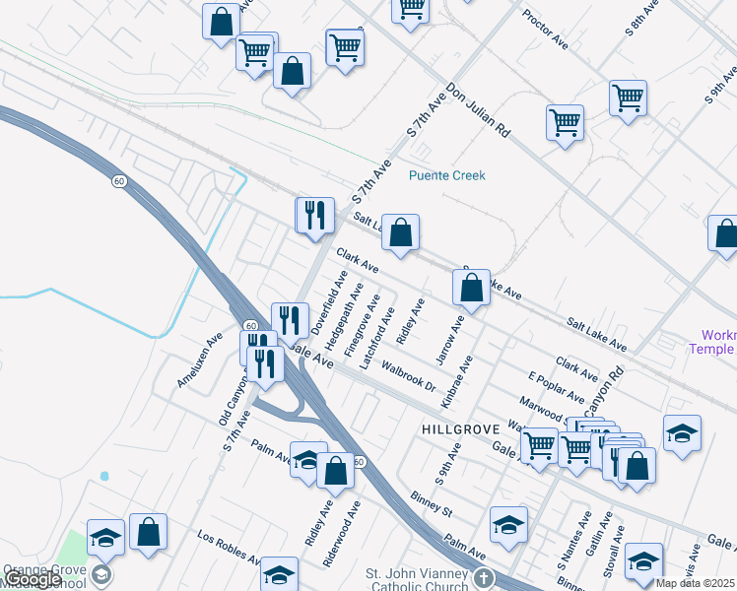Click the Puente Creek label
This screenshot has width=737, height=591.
point(447,176)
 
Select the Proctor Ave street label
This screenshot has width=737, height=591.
point(546,31)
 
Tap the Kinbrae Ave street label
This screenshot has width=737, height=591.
point(457,382)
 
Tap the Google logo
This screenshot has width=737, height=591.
point(33,579)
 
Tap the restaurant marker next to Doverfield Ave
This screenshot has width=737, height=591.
point(290,319)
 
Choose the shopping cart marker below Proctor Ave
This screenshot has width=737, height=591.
point(565,123)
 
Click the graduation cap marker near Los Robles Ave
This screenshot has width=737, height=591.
point(280,574)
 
